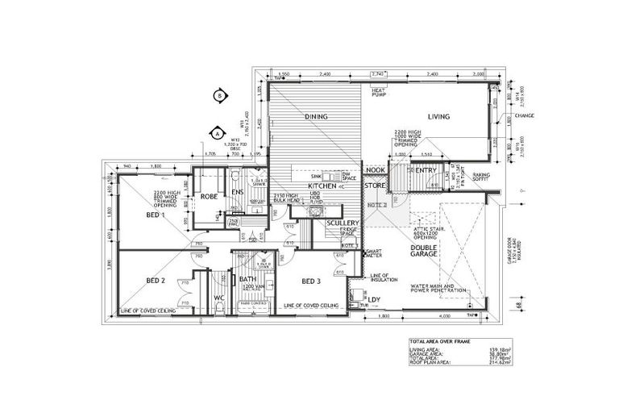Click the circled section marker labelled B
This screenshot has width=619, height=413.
point(218,95)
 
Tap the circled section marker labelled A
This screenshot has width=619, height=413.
point(217,132)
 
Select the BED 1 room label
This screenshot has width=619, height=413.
point(156,215)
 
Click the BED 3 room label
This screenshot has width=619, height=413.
point(311,281)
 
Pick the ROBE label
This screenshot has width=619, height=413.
point(210,196)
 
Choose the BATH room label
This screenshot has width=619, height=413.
point(247,280)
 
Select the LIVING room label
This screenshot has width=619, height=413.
point(438,117)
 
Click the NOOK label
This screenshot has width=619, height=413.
point(375,170)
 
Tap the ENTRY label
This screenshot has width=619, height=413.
point(425,170)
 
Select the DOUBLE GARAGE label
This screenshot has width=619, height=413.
point(423,249)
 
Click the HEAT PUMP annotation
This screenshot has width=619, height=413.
point(379,92)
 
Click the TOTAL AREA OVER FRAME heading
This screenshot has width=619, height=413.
point(442,342)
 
